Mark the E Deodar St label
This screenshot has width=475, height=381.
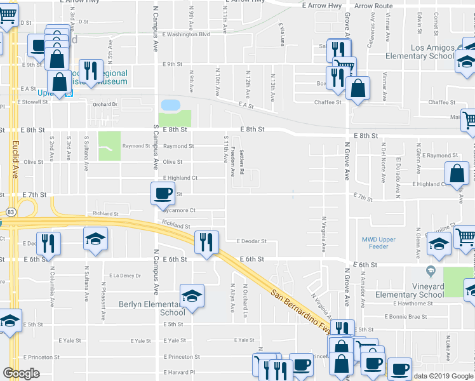coord(251,241)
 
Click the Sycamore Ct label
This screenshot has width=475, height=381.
coord(178,210)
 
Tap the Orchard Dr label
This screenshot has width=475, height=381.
coord(105,105)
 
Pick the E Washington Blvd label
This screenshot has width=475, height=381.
coord(185,34)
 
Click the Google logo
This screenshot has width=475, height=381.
coord(21,373)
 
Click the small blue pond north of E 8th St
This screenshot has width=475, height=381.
coord(170,104)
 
